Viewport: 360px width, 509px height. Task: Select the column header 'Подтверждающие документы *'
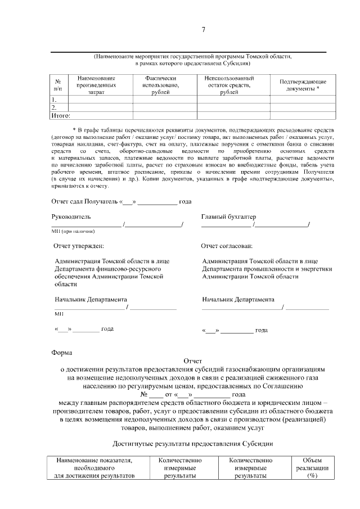point(303,85)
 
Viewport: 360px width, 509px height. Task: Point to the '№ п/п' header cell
point(58,85)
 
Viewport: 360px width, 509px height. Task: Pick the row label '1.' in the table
point(54,100)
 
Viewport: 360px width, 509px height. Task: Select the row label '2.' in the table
point(54,107)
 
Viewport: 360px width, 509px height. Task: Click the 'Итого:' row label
point(60,115)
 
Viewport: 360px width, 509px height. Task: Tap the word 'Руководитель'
point(71,217)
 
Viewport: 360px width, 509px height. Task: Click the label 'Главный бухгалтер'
point(228,217)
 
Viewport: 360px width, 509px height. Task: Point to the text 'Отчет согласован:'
point(227,246)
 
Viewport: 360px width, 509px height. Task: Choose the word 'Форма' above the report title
point(61,353)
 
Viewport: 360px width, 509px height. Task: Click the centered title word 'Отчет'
point(192,361)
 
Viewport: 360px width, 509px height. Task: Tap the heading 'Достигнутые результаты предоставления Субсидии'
point(192,444)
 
